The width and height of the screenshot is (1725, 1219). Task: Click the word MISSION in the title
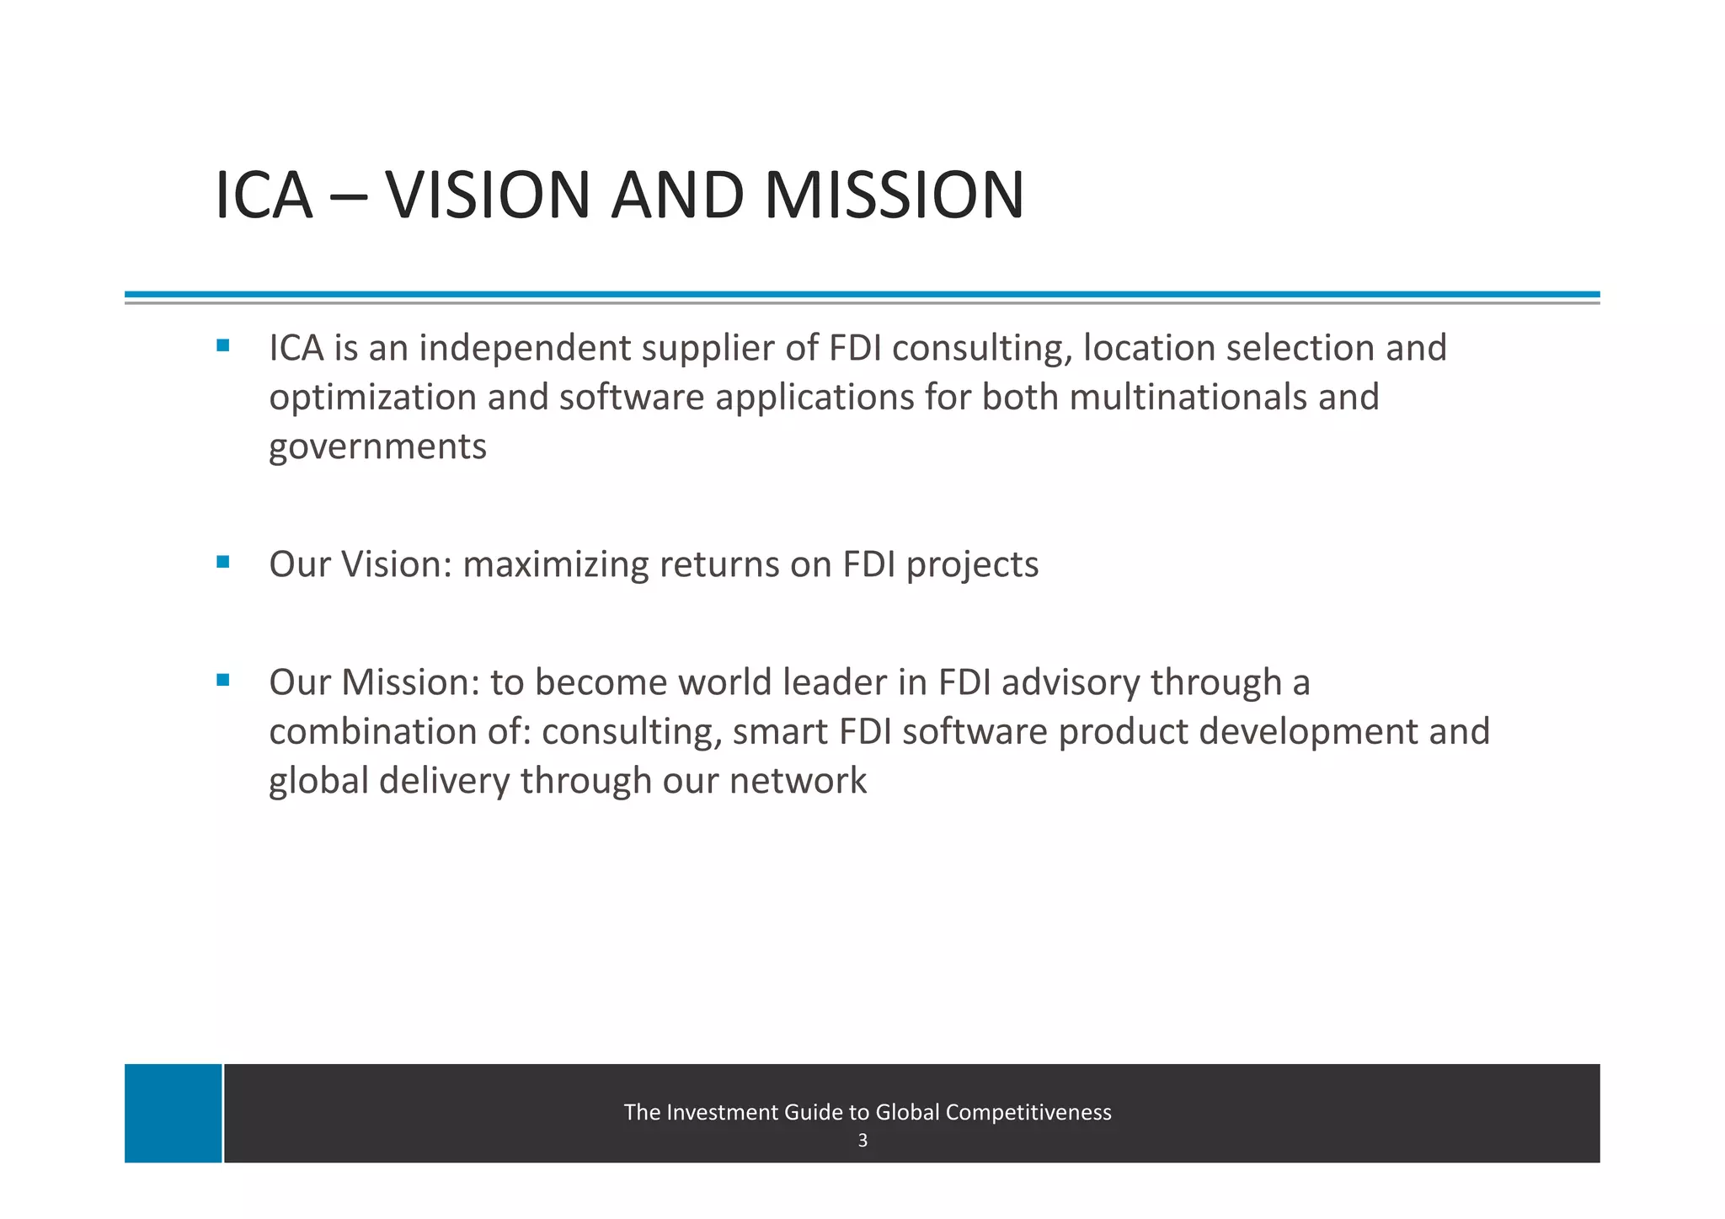click(894, 195)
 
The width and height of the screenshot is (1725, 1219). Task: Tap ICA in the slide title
click(264, 195)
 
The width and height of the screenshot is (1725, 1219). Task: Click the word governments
click(377, 446)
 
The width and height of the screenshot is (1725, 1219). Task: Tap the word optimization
click(372, 398)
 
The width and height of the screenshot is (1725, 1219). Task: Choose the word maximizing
click(556, 564)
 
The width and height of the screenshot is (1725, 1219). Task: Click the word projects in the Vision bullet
click(972, 564)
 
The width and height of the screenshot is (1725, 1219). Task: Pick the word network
click(797, 781)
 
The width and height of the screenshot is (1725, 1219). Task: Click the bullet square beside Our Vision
click(222, 562)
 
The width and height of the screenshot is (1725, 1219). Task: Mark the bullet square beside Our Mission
click(222, 680)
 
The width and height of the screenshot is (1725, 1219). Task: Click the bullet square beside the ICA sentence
click(222, 345)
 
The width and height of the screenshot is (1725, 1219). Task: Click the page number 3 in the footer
click(862, 1141)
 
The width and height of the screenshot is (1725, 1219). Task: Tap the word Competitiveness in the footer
click(1028, 1112)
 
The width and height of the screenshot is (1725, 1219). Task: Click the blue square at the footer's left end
click(174, 1113)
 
